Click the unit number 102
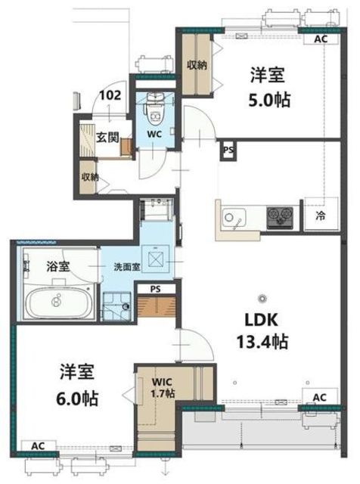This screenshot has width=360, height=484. (x=110, y=95)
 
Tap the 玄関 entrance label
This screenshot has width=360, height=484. (x=107, y=138)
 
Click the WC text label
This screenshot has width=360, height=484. (x=154, y=135)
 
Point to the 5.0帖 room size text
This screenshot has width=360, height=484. (x=269, y=100)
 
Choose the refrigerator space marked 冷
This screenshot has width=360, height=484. (x=321, y=214)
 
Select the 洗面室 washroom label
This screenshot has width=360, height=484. (x=127, y=267)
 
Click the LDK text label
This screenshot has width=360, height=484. (x=262, y=320)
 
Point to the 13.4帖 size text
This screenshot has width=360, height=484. (x=262, y=341)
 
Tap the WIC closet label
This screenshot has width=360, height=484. (x=162, y=381)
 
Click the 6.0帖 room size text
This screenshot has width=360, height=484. (x=77, y=399)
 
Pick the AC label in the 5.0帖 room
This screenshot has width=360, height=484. (x=321, y=39)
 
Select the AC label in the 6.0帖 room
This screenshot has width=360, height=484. (x=39, y=445)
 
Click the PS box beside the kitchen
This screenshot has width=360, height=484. (x=228, y=150)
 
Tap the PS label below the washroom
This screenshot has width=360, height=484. (x=156, y=289)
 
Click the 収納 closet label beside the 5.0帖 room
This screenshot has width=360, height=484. (x=197, y=65)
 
